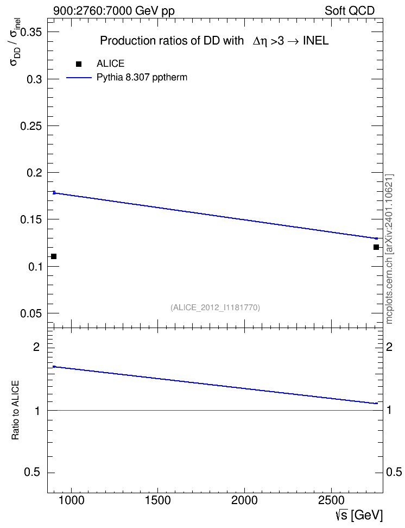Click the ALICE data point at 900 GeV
(54, 256)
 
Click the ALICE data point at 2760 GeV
(376, 247)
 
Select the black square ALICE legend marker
(79, 64)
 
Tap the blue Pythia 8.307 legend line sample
(79, 78)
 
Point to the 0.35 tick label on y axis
(31, 33)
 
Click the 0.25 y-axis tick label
(31, 126)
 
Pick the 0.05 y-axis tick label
(31, 313)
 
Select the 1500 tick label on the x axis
(157, 500)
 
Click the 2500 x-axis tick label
(331, 500)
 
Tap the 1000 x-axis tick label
(71, 500)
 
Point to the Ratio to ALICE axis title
(16, 411)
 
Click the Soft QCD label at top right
(350, 11)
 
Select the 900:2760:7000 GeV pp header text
(114, 11)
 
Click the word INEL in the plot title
(316, 41)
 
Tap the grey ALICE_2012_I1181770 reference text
(216, 307)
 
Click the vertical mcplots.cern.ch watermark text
(389, 249)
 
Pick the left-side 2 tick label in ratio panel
(36, 347)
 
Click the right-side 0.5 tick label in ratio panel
(394, 473)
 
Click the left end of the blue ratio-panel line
(54, 367)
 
